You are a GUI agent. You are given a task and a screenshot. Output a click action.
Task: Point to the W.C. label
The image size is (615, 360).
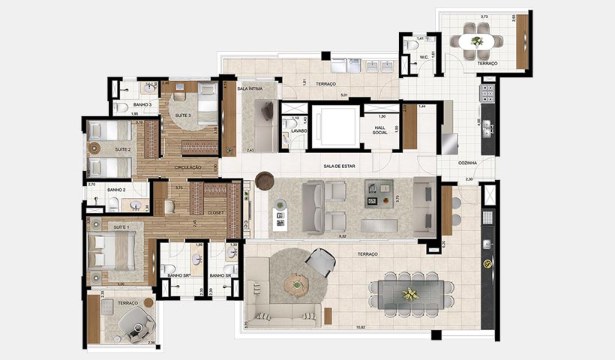click(x=424, y=56)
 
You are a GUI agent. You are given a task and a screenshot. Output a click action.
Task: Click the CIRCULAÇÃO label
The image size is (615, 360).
click(x=188, y=167)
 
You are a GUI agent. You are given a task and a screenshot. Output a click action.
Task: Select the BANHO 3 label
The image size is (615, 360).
click(x=142, y=105)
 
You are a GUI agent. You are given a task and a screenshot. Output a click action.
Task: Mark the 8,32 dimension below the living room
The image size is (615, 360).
click(x=342, y=236)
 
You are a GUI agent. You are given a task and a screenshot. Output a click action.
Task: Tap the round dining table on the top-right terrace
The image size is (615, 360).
click(x=477, y=41)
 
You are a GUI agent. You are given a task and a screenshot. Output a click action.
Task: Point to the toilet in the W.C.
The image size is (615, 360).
click(x=410, y=46)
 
